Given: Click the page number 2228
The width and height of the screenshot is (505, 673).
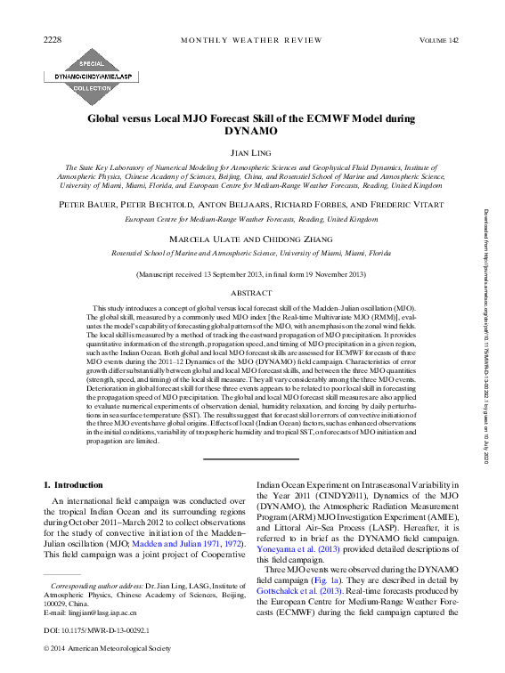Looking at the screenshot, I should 53,40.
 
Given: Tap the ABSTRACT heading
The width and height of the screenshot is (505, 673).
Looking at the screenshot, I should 251,292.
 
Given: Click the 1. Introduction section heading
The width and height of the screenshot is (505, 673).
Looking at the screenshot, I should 73,484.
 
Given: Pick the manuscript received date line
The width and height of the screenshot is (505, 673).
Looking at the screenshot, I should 251,276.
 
